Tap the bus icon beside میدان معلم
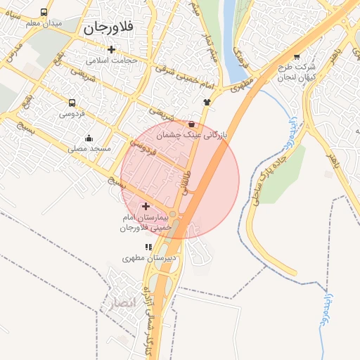(x=44, y=13)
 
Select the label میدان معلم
(x=44, y=23)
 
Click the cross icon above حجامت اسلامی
(x=111, y=49)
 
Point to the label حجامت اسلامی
(x=111, y=60)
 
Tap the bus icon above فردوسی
(x=72, y=103)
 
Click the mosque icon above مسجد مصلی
(x=89, y=138)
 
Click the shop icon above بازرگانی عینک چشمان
(x=192, y=124)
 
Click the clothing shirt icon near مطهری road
(x=207, y=102)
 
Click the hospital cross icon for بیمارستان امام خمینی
(x=146, y=207)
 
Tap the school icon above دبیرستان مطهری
(x=148, y=247)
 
